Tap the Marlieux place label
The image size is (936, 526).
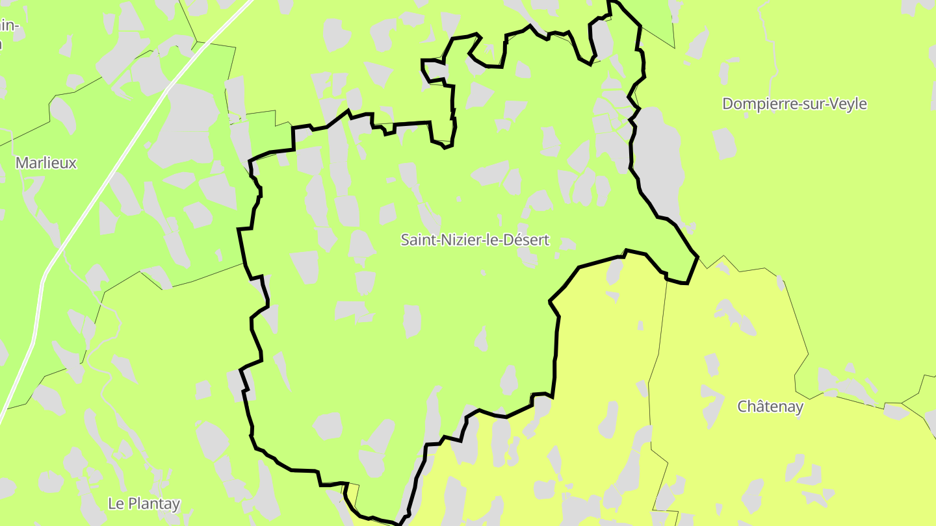point(45,163)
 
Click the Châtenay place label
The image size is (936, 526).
point(770,407)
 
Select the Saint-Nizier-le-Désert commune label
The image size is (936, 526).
point(474,240)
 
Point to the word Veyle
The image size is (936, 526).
point(848,104)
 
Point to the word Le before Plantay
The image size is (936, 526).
point(116,503)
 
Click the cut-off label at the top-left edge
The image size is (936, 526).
point(8,32)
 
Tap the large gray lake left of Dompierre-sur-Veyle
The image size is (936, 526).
point(658,162)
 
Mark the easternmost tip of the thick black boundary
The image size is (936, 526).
point(697,257)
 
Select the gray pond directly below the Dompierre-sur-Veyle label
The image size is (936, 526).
point(725,143)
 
